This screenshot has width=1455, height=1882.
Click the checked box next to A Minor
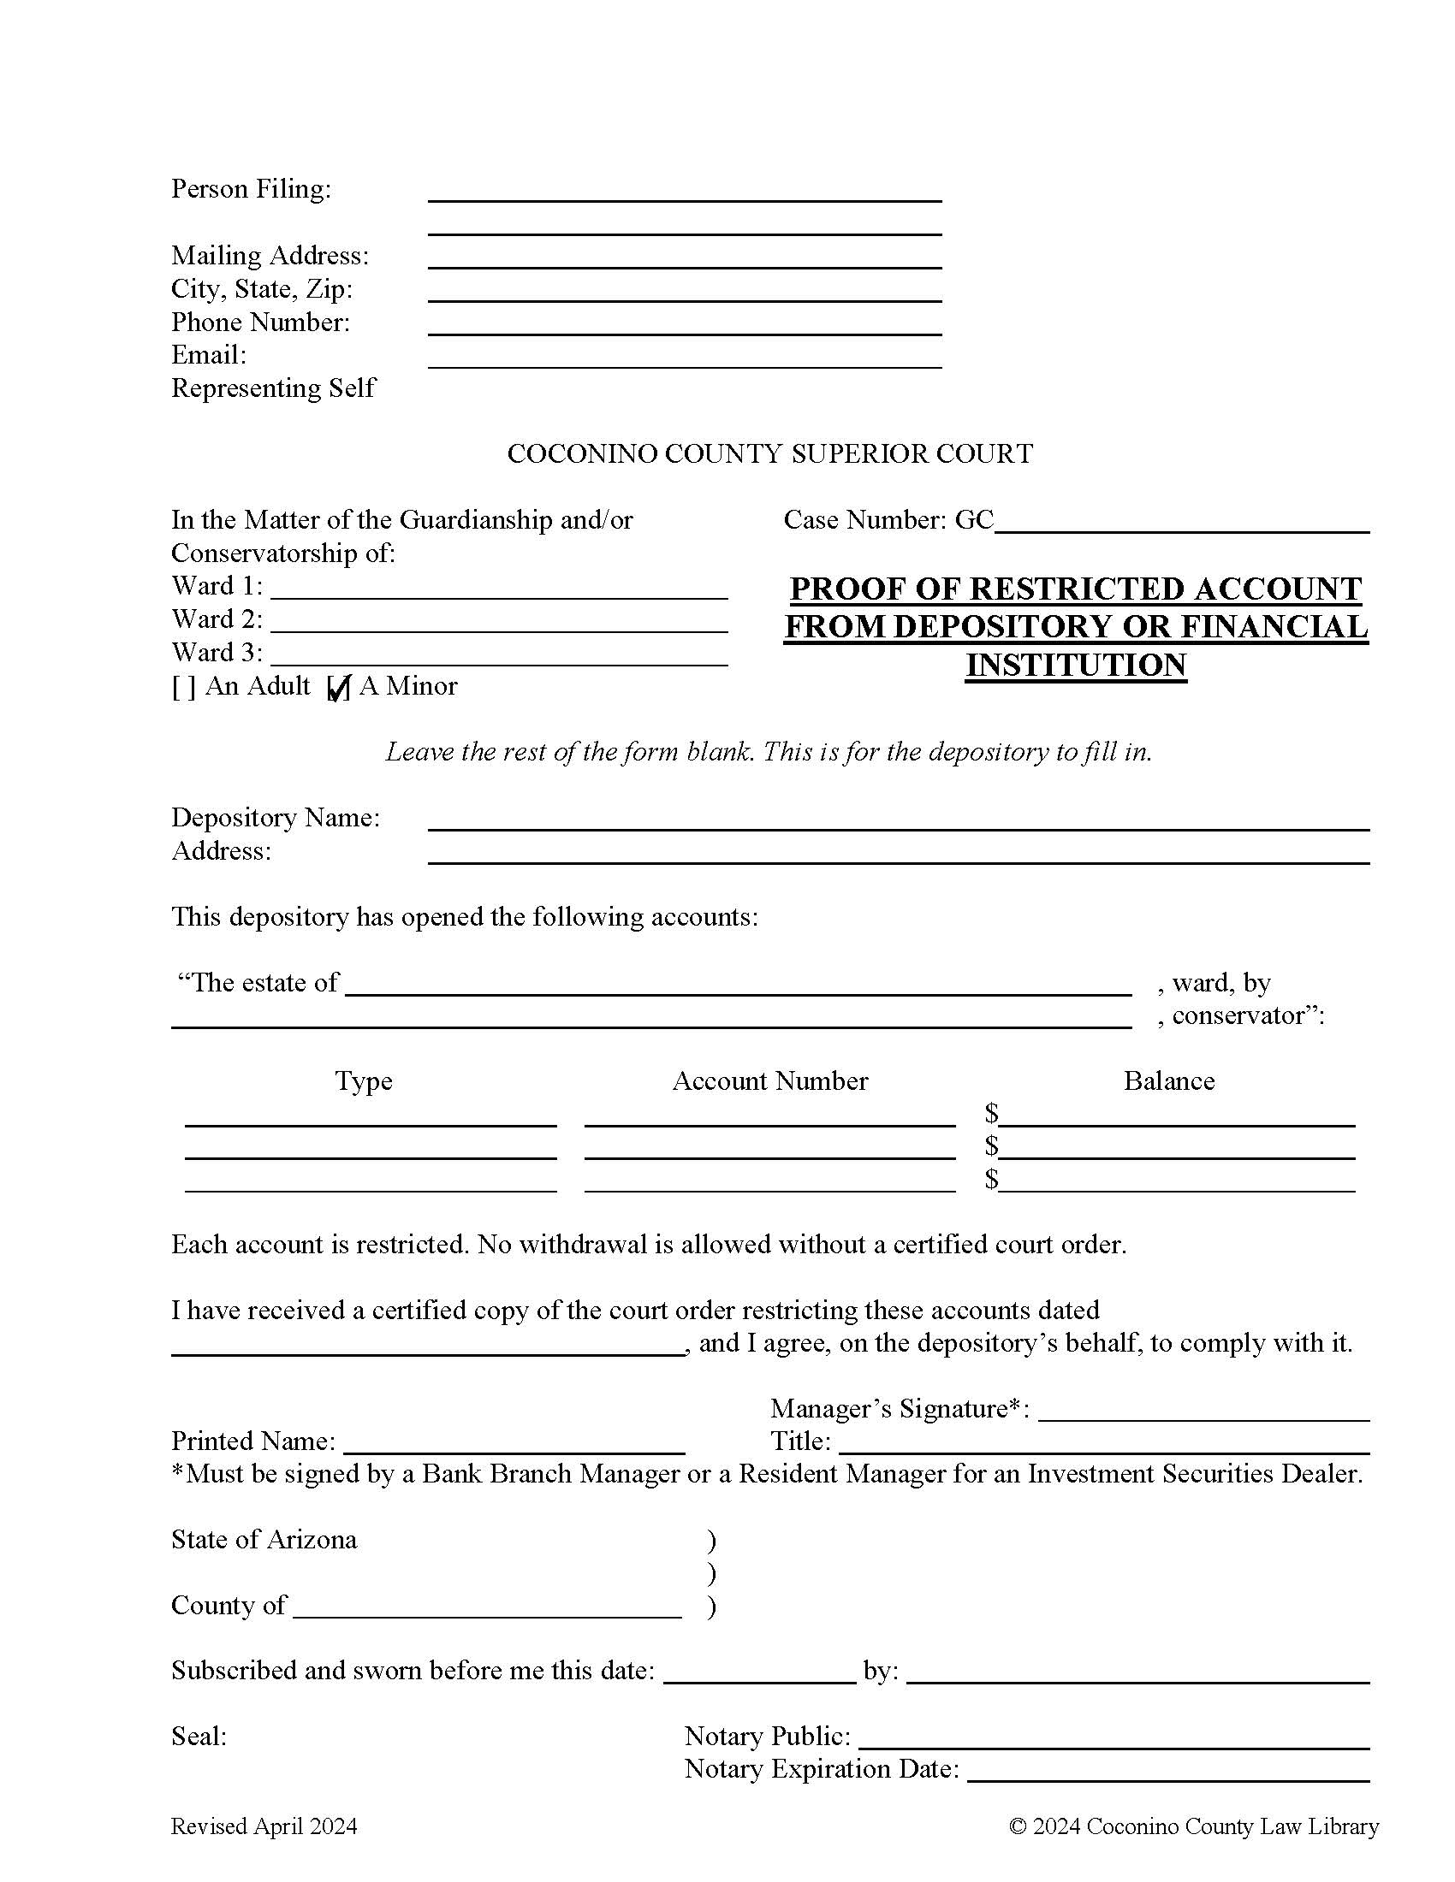coord(339,688)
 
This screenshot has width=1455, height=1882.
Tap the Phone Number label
coord(260,323)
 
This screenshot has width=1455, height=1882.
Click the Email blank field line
coord(685,360)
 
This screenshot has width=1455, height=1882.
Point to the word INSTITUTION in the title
coord(1076,666)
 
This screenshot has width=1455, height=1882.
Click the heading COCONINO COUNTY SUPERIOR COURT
coord(769,454)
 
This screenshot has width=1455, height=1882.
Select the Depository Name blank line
coord(898,822)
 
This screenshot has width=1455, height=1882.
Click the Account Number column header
coord(769,1081)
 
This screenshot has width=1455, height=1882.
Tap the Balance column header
coord(1169,1081)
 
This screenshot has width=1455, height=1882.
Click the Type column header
coord(364,1081)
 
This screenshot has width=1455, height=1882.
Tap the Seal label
coord(199,1737)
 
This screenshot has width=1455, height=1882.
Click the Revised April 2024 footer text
coord(264,1826)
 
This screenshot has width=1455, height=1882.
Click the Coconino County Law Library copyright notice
coord(1194,1826)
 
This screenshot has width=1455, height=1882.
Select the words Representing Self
coord(273,388)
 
